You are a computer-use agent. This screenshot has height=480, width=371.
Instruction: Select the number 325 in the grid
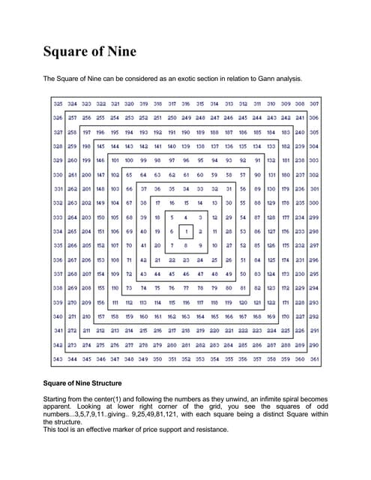point(58,103)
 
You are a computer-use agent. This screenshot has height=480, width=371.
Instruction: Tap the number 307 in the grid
point(314,103)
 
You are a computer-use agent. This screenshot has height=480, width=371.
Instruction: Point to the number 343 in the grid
point(58,360)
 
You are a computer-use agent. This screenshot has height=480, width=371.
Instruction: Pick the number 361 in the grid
point(314,360)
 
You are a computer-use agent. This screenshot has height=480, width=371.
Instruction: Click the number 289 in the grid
point(300,345)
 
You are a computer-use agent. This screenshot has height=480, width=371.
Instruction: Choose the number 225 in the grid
point(286,331)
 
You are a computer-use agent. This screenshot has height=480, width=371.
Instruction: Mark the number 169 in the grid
point(271,316)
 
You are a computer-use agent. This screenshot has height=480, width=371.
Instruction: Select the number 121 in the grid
point(257,302)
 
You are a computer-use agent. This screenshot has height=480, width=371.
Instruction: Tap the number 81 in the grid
point(243,288)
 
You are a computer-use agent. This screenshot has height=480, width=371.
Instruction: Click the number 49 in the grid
point(229,274)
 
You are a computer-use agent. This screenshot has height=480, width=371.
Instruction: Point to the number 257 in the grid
point(72,118)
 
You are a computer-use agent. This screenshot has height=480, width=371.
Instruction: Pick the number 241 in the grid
point(300,118)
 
